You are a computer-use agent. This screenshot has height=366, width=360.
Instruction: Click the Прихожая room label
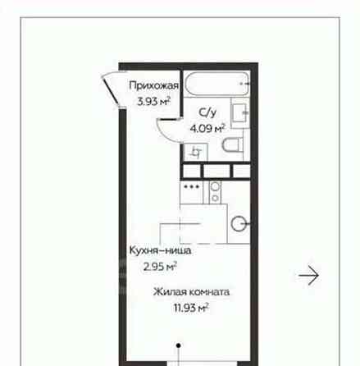(154, 85)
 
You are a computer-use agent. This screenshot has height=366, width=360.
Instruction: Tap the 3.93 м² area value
(154, 101)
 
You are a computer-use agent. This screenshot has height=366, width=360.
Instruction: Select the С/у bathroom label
(207, 112)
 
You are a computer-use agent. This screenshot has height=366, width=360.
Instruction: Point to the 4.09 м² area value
(207, 128)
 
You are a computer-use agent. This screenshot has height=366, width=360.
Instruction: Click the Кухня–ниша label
(160, 250)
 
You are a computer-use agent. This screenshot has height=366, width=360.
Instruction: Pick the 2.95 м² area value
(160, 266)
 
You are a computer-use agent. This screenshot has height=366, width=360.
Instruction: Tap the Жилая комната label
(191, 292)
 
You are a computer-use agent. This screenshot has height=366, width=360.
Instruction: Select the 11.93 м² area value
(191, 308)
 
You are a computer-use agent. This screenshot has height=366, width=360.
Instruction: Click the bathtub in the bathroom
(217, 84)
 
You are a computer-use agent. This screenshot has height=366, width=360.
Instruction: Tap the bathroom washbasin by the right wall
(240, 112)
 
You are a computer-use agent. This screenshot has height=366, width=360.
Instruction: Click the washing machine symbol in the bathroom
(195, 152)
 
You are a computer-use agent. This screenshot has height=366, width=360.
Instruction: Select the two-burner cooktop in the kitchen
(215, 192)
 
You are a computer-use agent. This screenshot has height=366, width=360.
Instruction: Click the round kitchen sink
(239, 224)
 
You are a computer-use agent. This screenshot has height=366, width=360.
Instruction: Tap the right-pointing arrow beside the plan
(308, 275)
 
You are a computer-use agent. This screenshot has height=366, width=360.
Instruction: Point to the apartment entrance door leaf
(110, 90)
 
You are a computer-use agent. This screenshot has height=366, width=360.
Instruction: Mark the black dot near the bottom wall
(178, 345)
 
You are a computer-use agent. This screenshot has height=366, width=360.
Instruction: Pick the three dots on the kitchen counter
(192, 187)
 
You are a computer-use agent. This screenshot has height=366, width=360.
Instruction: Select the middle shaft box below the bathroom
(216, 172)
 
